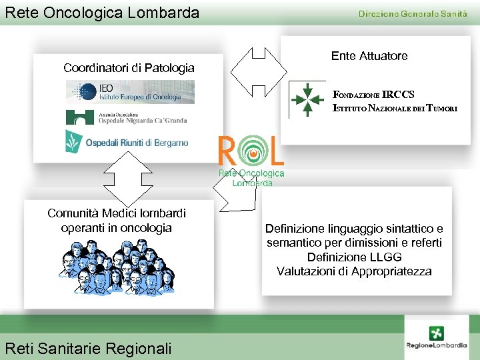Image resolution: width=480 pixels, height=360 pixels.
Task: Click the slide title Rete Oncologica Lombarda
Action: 102,12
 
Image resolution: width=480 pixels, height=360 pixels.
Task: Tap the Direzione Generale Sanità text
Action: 413,14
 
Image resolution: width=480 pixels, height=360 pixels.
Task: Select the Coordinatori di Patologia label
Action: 129,68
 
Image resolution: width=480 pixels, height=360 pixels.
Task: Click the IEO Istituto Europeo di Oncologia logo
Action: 130,92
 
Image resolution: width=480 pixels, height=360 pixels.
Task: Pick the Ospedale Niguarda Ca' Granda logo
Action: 127,117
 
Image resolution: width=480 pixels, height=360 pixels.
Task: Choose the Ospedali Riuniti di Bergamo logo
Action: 127,141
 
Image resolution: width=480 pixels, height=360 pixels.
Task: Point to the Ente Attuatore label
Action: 369,56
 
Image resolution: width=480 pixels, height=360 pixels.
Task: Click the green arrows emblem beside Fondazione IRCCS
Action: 307,99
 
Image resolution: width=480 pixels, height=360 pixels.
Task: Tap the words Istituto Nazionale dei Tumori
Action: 395,109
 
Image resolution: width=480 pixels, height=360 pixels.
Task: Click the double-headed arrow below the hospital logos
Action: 124,179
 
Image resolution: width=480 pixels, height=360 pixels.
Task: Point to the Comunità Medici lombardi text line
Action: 117,213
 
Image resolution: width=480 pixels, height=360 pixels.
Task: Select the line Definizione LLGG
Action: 354,257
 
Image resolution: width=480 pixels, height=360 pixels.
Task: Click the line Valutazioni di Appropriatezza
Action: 354,271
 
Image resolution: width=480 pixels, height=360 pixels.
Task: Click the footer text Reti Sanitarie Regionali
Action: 88,348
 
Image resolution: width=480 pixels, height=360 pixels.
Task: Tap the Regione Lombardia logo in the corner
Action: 437,338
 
